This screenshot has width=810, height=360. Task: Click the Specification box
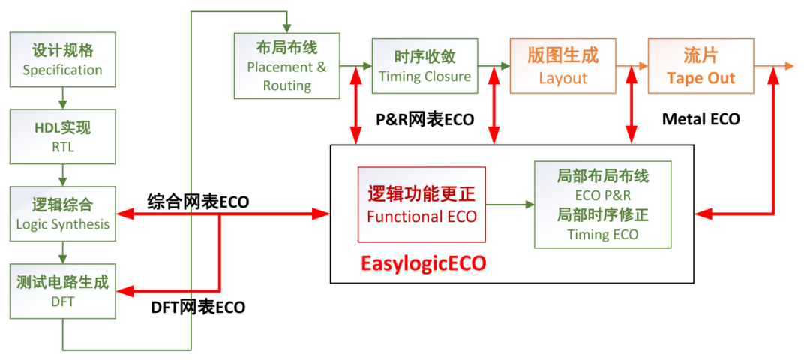coord(62,59)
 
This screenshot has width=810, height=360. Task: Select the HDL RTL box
coord(62,136)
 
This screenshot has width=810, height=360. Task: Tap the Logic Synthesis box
coord(62,213)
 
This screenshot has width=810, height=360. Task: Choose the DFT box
coord(62,291)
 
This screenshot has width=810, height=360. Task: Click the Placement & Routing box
coord(286,65)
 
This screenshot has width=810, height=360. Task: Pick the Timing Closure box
coord(424,65)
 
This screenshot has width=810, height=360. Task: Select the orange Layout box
coord(562,65)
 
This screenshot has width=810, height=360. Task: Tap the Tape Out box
coord(700,65)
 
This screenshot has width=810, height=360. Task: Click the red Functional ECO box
coord(421,205)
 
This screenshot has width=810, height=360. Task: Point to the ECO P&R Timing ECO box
coord(603,205)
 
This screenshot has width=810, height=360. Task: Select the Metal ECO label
coord(701,120)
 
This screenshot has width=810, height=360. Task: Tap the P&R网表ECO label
coord(424,120)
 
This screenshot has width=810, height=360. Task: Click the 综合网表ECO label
coord(198,202)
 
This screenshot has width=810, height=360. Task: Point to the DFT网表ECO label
coord(198,307)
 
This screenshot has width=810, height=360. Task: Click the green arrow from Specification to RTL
coord(62,98)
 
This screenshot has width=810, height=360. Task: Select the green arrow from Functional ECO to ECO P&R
coord(510,205)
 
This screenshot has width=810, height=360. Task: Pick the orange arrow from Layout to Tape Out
coord(631,65)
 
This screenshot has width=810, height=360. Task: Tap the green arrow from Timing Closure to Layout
coord(493,65)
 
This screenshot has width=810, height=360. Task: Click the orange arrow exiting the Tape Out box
coord(774,65)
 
